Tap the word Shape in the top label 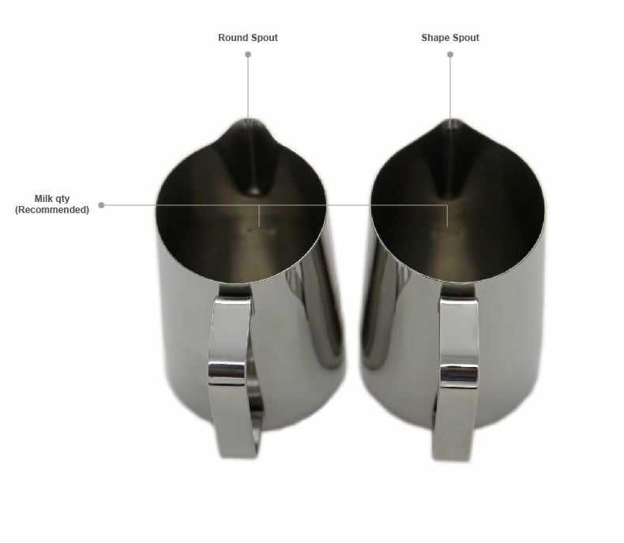434,38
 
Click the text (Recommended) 51,209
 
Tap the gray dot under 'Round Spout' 248,54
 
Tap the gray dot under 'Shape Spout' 450,54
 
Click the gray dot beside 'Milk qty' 101,205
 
